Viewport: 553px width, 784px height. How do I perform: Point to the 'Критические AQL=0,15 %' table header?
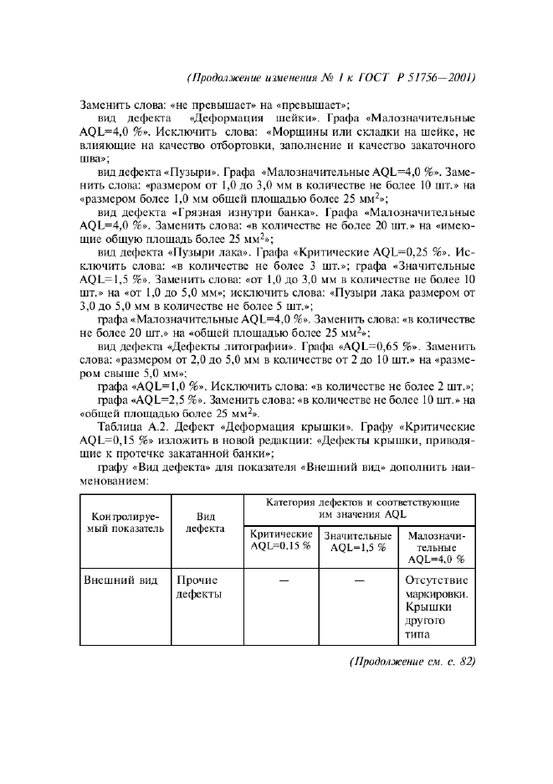280,540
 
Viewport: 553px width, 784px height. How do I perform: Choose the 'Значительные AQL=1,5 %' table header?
357,541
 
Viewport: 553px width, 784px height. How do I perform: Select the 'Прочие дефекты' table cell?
197,587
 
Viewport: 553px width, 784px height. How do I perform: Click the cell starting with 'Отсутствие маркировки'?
435,607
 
